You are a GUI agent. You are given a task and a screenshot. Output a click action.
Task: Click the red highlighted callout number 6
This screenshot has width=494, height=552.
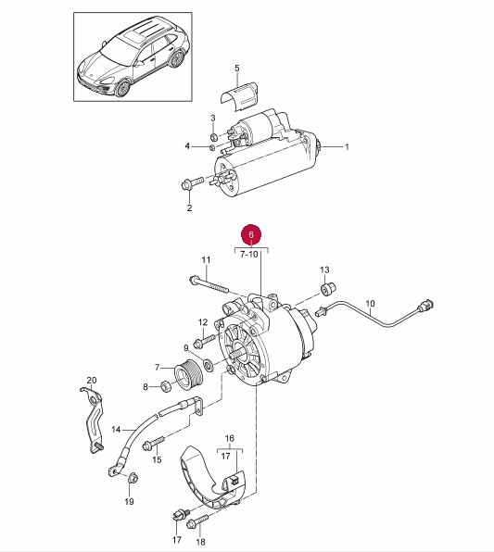point(251,234)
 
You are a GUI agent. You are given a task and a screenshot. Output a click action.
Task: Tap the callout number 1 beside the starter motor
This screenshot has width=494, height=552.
point(347,146)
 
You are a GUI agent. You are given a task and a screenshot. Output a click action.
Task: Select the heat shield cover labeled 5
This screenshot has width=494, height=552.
point(239,95)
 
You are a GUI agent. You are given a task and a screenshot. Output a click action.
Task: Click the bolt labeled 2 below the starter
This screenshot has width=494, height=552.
point(192,183)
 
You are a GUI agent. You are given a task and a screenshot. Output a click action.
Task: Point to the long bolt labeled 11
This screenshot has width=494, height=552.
point(209,284)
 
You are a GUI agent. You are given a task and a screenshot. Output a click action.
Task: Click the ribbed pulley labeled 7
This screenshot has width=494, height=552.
point(189,374)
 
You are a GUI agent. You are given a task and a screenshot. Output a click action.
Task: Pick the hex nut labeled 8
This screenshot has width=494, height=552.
point(166,386)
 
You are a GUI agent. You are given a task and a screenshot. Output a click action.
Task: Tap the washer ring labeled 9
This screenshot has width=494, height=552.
point(208,364)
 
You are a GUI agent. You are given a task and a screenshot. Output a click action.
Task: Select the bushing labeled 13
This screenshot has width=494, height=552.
point(328,289)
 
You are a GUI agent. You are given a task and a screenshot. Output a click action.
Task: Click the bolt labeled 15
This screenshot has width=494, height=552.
point(154,443)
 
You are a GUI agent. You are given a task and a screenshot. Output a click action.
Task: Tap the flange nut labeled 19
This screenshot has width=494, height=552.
point(133,478)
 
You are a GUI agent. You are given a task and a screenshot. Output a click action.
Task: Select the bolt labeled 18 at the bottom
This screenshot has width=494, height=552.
point(197,521)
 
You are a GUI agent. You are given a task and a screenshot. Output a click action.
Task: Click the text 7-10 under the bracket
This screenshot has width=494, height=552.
point(249,254)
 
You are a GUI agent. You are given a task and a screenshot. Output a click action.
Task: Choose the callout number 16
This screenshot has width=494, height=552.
point(229,438)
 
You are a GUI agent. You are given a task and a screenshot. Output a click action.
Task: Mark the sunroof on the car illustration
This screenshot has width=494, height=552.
point(135,37)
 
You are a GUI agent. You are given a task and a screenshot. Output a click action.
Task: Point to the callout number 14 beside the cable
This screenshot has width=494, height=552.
point(116,430)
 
